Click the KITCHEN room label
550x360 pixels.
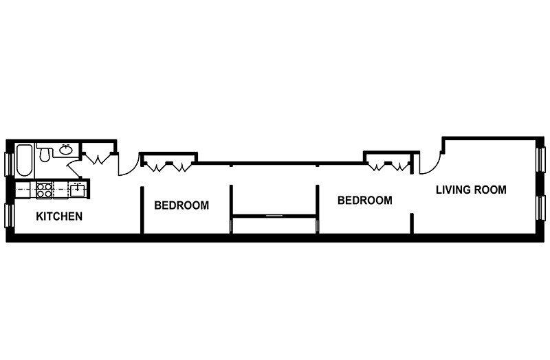tap(59, 216)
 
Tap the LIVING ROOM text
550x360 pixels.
tap(471, 190)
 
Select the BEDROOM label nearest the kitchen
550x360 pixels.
tap(181, 205)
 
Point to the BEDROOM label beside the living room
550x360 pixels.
tap(364, 201)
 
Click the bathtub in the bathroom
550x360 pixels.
tap(24, 160)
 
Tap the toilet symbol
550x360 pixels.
tap(45, 155)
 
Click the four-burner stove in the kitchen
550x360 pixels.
tap(45, 187)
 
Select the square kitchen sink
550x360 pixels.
tap(77, 188)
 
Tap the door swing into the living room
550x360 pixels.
tap(426, 164)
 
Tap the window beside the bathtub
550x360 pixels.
tap(9, 164)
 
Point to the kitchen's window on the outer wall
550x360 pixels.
tap(9, 215)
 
